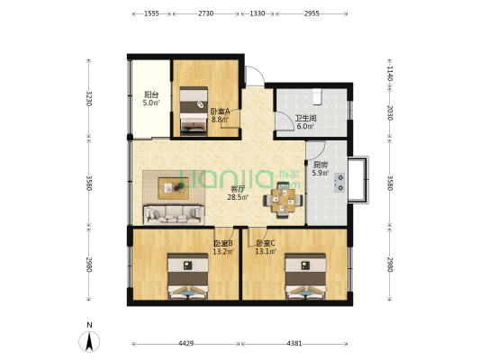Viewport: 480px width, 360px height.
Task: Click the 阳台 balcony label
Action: coord(151,94)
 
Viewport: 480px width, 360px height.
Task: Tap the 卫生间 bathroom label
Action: coord(305,118)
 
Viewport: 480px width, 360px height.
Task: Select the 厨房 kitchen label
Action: coord(320,165)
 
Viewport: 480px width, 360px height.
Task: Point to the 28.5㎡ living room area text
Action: coord(238,197)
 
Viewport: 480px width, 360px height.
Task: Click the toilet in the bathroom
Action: coord(317,96)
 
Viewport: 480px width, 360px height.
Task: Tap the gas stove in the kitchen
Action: coord(340,183)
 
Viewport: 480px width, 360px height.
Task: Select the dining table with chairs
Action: coord(283,201)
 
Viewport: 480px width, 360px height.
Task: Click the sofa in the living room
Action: coord(174,215)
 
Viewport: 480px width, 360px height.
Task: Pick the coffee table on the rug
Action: coord(174,188)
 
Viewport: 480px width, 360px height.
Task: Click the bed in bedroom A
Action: coord(194,111)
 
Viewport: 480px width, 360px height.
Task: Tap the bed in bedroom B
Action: coord(187,276)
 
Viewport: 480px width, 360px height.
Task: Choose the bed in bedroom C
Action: coord(305,276)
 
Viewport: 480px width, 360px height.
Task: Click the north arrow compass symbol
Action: coord(89,341)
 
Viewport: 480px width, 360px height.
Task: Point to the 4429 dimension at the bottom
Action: coord(186,344)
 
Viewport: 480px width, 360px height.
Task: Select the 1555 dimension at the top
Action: coord(151,13)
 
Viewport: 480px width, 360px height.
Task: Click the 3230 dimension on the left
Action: coord(89,98)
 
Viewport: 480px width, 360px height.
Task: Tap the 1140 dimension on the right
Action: coord(390,74)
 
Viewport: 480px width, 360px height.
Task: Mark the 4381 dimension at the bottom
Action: coord(294,344)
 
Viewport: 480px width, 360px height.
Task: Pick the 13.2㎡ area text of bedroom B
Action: coord(223,252)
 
